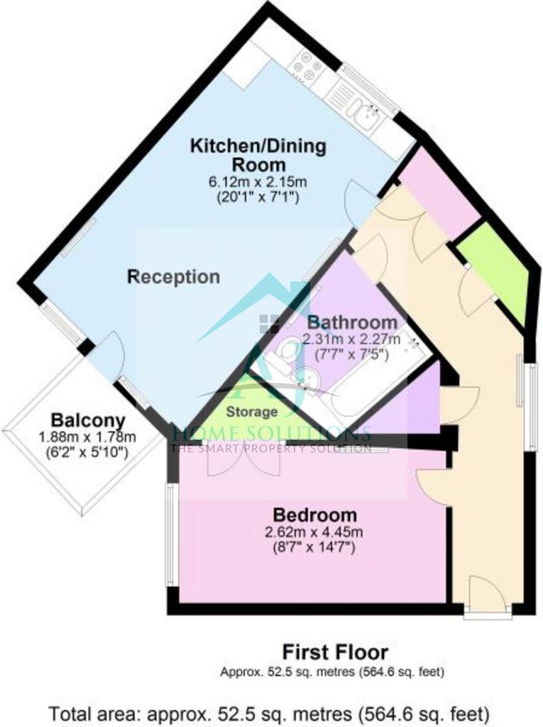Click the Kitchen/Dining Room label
coord(258,155)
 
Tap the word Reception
coord(173,277)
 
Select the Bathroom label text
coord(352,322)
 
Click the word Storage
coord(252,412)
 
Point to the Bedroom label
coord(315,515)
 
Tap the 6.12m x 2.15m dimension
coord(258,181)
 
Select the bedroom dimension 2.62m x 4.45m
coord(314,532)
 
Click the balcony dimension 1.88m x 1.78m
coord(87,437)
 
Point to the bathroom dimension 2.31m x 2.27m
coord(351,339)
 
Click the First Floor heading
coord(335,652)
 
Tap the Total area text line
coord(270,713)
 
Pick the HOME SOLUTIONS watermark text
coord(271,434)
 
